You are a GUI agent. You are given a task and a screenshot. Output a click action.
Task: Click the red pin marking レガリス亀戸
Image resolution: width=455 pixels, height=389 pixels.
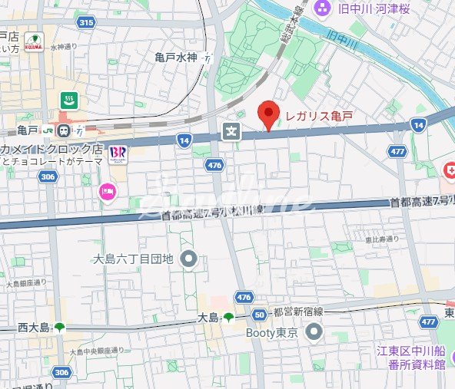click(267, 115)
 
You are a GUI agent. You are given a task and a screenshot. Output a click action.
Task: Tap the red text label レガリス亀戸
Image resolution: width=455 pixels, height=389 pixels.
click(318, 116)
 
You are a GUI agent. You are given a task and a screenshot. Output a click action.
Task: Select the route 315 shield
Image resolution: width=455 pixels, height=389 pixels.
click(85, 23)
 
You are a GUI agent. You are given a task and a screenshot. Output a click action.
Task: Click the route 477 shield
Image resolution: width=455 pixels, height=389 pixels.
click(397, 152)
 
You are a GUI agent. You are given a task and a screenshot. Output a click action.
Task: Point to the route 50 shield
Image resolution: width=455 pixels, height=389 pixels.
click(260, 315)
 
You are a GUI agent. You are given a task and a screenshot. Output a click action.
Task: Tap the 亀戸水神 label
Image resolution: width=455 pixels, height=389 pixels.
click(176, 57)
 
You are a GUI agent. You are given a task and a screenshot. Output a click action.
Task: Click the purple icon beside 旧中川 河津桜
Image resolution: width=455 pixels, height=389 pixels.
click(322, 8)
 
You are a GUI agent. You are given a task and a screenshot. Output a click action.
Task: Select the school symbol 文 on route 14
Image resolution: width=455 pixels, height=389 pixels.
click(231, 132)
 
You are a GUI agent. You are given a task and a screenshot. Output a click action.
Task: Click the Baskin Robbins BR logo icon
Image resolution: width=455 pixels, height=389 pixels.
click(118, 153)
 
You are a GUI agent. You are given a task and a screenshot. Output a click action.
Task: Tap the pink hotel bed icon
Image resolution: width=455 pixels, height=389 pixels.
click(108, 193)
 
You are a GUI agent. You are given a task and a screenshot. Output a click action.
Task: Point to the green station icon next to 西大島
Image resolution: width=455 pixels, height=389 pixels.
click(60, 328)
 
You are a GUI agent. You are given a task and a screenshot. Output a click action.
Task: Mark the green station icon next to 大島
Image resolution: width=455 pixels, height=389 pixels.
click(228, 317)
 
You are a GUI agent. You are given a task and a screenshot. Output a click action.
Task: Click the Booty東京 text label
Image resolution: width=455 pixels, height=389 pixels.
click(271, 332)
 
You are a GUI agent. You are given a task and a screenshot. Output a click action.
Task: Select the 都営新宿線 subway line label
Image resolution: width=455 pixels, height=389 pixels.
click(299, 315)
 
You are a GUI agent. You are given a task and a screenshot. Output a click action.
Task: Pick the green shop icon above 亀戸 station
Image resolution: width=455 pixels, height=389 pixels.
click(68, 100)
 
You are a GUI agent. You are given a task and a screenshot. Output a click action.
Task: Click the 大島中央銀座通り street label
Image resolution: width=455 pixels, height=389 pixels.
click(97, 351)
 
